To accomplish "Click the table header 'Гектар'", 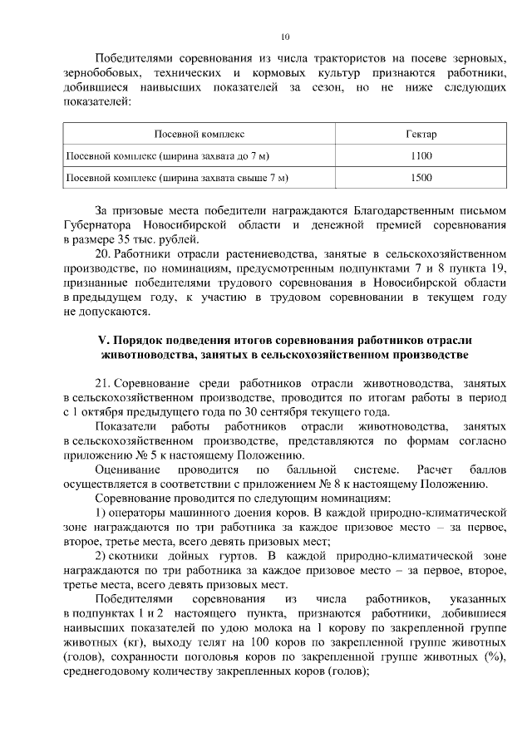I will (421, 134).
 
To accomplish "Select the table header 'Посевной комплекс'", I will (200, 134).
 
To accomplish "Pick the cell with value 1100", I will (421, 155).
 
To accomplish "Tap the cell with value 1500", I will (421, 177).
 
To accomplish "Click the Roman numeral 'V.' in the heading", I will (104, 342).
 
